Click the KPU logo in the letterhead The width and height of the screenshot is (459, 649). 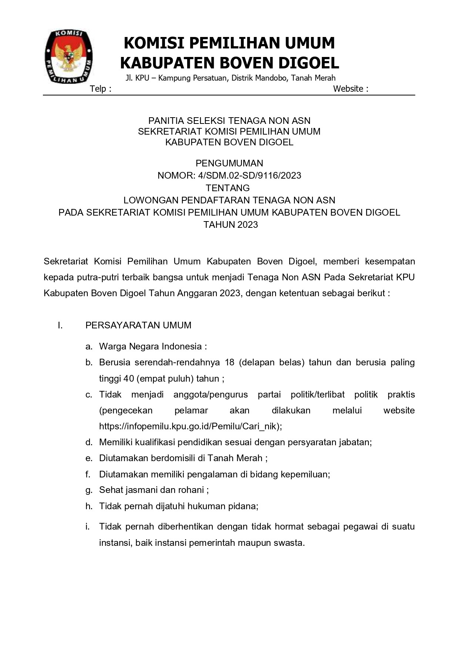[68, 56]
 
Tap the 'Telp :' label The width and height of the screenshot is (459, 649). [101, 89]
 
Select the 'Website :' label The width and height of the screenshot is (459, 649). [350, 89]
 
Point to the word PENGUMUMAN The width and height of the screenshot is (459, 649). [229, 163]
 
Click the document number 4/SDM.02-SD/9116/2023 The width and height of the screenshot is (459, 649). [247, 175]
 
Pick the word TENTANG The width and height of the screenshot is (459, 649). [227, 188]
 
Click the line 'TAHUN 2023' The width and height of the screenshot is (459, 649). [230, 224]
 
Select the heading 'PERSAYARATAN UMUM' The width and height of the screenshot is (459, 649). [138, 325]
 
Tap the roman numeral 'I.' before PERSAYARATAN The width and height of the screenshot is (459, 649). [60, 325]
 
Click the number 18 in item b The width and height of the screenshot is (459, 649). [229, 362]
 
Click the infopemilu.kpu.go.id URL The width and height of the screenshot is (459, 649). [190, 426]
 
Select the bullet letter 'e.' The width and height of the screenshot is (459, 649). [89, 458]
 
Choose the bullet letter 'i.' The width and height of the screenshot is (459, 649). [88, 526]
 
